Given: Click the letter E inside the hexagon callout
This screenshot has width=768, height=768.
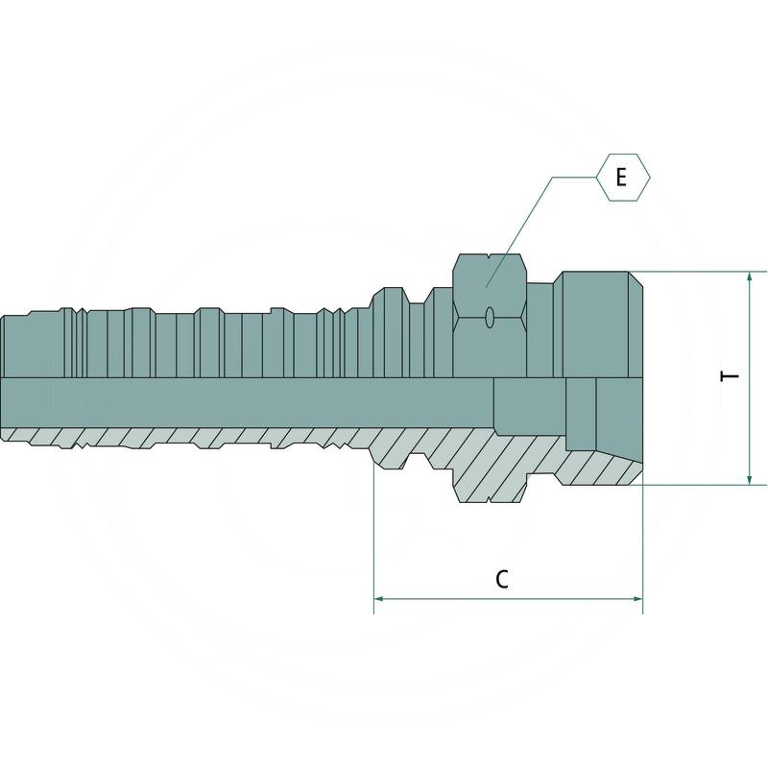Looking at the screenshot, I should [621, 178].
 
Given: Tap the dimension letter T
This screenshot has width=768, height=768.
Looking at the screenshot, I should [732, 377].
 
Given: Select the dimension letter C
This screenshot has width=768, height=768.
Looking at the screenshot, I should [501, 579].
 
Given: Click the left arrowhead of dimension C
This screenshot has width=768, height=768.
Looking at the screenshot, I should [378, 599].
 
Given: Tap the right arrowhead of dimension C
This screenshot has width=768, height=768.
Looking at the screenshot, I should [636, 599].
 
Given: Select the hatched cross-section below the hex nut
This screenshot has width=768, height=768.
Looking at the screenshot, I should [490, 461].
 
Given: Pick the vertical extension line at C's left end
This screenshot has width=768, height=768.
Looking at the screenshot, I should [372, 538].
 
